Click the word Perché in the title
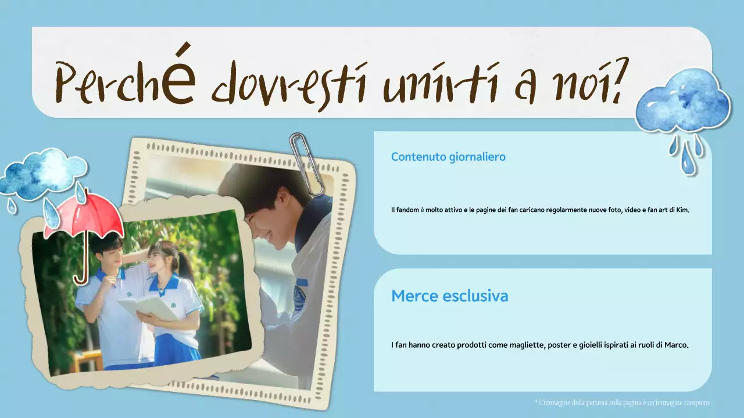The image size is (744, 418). click(125, 81)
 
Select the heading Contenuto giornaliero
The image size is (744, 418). click(448, 157)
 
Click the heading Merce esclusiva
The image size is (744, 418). click(449, 296)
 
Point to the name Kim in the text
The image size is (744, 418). click(682, 210)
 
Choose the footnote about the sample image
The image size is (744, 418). click(623, 402)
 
